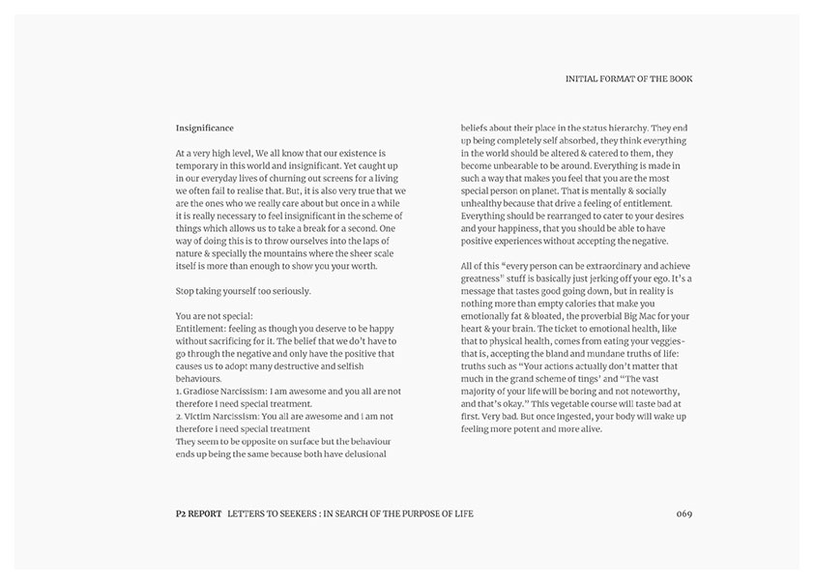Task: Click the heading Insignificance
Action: [x=204, y=128]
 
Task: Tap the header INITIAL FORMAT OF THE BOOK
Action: [x=628, y=78]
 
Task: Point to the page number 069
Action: [x=684, y=512]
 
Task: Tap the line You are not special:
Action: [x=215, y=315]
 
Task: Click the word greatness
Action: [x=485, y=277]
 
